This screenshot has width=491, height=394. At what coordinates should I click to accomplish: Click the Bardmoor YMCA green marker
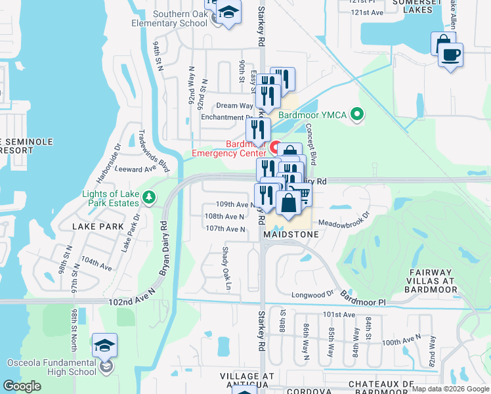click(357, 114)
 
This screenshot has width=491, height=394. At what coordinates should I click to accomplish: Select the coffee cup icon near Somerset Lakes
click(450, 55)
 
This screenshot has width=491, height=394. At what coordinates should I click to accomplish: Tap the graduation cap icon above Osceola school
click(104, 345)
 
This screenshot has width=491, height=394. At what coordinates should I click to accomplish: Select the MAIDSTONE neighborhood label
click(291, 234)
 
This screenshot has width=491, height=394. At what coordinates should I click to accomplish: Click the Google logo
click(22, 386)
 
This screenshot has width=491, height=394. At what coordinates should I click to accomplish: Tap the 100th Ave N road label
click(401, 340)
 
